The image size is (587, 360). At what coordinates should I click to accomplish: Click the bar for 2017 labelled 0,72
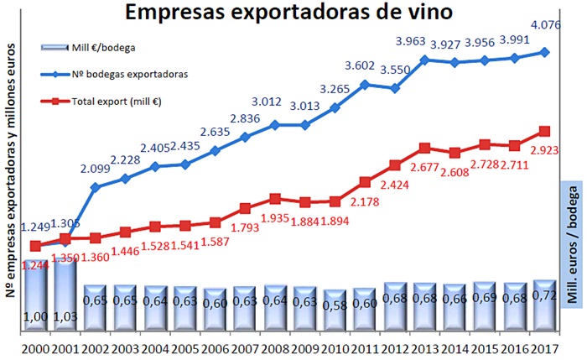545,305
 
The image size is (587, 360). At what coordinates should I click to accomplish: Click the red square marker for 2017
545,131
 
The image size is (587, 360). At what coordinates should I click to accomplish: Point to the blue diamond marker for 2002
95,186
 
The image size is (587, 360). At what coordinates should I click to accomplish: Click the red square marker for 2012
396,165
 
